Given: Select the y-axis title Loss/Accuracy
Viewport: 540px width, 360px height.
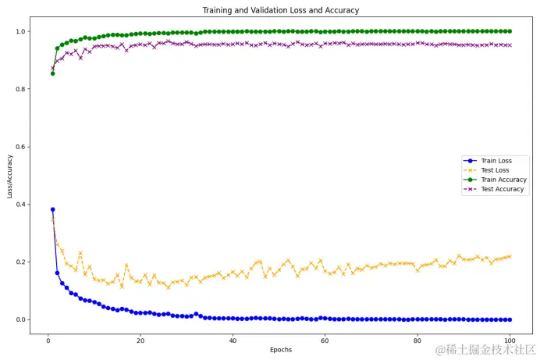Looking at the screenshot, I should (10, 176).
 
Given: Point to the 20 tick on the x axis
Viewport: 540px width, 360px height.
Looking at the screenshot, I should (140, 340).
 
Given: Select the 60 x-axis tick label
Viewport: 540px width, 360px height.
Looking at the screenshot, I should (325, 340).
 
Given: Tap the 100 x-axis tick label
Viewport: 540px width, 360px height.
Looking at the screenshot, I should (510, 340).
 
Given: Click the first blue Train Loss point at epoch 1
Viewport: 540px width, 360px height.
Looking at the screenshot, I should (52, 209).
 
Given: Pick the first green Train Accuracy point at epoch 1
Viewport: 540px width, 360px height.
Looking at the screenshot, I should (52, 73).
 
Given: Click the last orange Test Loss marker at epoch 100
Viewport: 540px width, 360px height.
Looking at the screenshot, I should (510, 256).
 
